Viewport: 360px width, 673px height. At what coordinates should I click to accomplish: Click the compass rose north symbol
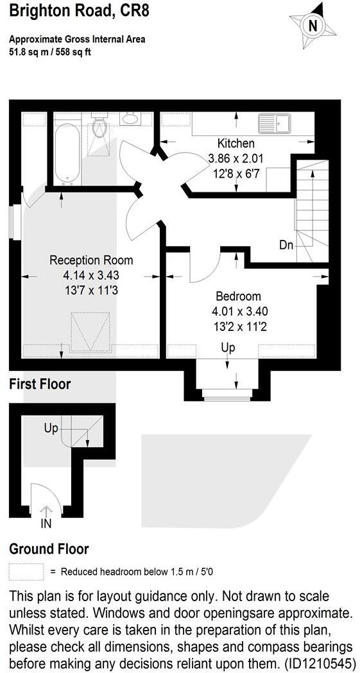click(313, 25)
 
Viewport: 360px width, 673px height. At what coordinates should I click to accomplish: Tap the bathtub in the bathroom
click(67, 153)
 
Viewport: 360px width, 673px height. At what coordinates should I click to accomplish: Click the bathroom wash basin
click(130, 119)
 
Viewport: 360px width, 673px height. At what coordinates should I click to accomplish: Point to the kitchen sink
click(275, 123)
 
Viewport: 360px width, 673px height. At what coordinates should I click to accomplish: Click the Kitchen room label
click(236, 144)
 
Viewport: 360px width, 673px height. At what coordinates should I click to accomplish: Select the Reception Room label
click(91, 260)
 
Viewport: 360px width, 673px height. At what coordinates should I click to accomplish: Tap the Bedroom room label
click(238, 296)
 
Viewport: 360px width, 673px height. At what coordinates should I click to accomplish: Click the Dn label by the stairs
click(287, 244)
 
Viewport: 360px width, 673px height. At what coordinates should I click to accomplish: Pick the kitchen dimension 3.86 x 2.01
click(236, 158)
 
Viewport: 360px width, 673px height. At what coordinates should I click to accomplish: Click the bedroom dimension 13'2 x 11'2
click(238, 325)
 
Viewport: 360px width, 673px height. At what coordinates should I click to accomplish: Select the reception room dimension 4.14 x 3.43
click(91, 275)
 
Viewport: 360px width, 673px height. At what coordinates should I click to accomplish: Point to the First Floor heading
click(40, 384)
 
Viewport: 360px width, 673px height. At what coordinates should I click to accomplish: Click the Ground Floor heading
click(49, 549)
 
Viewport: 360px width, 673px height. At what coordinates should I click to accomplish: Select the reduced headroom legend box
click(26, 571)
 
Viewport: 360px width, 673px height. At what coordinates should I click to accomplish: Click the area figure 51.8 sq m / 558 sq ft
click(50, 52)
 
